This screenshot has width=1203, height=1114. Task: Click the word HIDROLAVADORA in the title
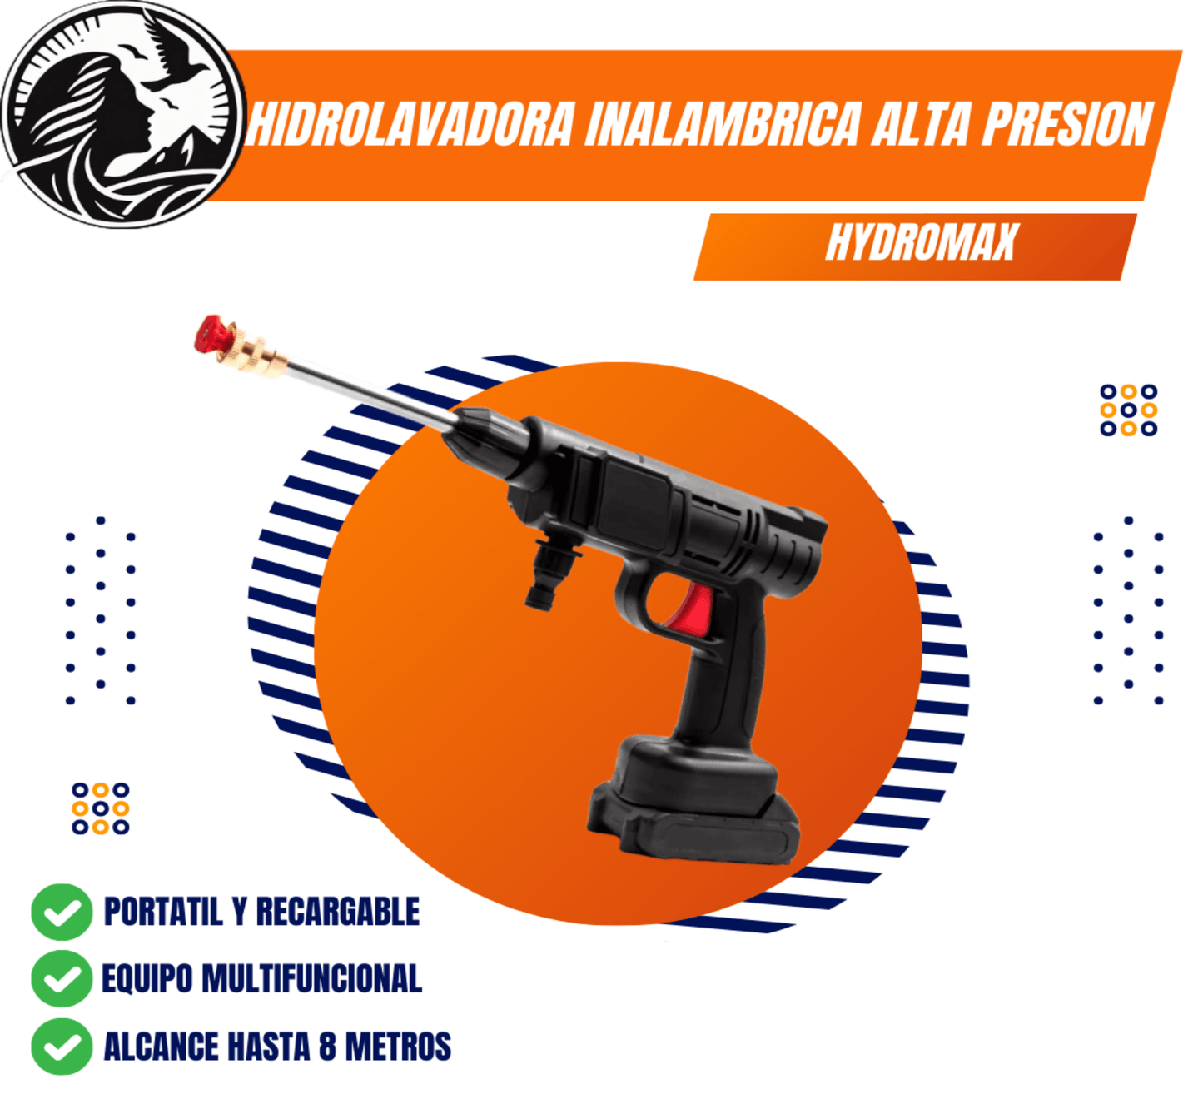tap(411, 126)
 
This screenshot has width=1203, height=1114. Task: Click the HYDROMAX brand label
tap(921, 243)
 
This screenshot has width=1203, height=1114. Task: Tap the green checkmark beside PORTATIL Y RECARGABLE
tap(62, 912)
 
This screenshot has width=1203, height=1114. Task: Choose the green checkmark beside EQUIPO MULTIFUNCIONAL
tap(62, 979)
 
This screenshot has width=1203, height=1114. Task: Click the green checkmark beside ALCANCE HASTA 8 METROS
tap(62, 1047)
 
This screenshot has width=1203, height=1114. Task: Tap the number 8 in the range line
tap(327, 1047)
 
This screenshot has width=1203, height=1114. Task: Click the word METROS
tap(398, 1047)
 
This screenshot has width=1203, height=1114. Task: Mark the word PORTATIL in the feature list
tap(163, 912)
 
